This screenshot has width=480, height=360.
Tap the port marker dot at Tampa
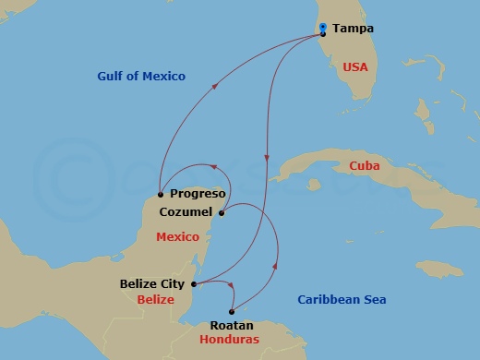[322, 34]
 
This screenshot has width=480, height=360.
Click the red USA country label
[355, 67]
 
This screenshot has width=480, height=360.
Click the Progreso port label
[198, 194]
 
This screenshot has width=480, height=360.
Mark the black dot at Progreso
[161, 194]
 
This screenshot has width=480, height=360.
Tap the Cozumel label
[186, 211]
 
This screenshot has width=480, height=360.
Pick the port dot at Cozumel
[222, 213]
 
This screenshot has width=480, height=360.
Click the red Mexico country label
[178, 237]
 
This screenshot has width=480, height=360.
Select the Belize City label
[153, 284]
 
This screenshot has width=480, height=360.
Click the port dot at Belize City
[193, 284]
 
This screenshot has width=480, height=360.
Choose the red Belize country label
[155, 300]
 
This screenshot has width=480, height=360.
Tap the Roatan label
[232, 325]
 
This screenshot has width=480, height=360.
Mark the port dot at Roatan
[231, 311]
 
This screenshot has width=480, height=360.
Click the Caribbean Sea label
[342, 299]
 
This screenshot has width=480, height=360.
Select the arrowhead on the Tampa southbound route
[266, 158]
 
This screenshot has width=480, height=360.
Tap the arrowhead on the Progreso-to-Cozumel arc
[213, 167]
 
